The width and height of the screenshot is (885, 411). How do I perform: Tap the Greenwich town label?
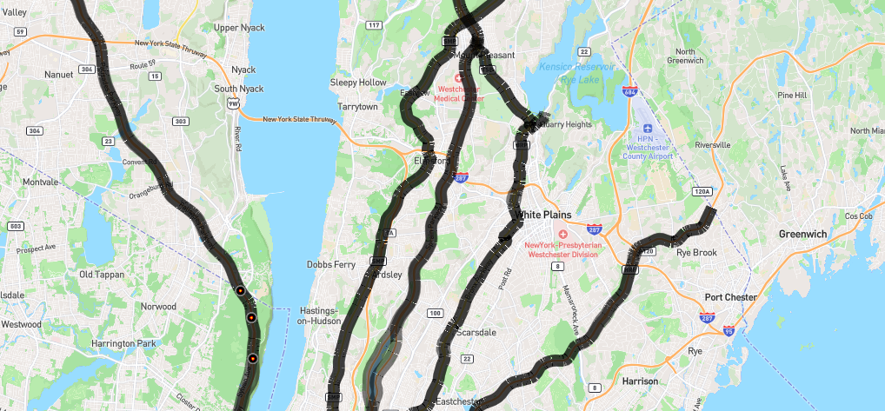pos(802,234)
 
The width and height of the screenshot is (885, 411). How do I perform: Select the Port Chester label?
pos(730,297)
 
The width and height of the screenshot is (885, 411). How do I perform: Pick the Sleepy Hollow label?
pos(357,83)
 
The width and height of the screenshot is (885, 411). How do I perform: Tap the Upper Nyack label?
pos(238,28)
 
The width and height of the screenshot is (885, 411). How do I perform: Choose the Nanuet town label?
pos(59,75)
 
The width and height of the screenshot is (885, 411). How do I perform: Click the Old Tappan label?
pos(102,275)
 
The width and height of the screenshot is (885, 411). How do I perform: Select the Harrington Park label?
pos(123,343)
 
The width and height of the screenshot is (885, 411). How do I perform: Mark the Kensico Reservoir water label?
pos(576,66)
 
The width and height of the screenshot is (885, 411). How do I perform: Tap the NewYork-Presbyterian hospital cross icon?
pos(562,234)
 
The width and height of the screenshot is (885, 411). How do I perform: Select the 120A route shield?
pos(702,191)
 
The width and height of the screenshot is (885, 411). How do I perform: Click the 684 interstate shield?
pos(629,91)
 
